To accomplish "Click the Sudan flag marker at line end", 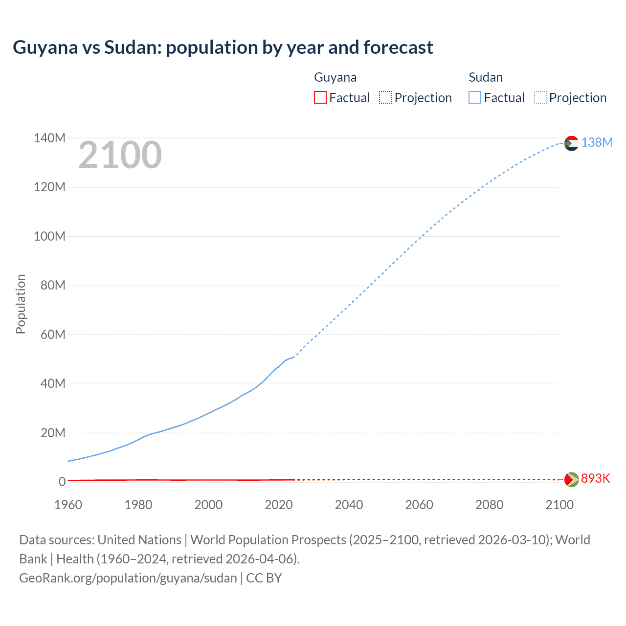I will tap(571, 143).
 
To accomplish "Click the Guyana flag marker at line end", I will tap(571, 479).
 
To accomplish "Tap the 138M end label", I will tap(597, 142).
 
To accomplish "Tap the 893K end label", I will tap(595, 478).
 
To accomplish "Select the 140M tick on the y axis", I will tap(49, 138).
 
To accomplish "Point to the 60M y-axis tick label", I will tap(53, 335).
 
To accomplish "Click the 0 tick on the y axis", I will tap(62, 482).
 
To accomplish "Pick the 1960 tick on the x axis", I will tap(68, 505).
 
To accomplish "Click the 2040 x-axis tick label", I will tap(349, 505).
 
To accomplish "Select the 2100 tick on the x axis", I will tap(559, 505).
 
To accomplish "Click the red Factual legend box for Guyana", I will tap(320, 97).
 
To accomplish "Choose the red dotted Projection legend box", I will tap(385, 97).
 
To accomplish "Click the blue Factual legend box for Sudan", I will tap(474, 97).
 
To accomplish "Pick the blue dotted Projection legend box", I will tap(540, 97).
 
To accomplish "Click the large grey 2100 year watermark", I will tap(120, 155).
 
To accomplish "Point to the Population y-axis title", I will tap(21, 304).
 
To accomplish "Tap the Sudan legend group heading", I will tap(486, 77).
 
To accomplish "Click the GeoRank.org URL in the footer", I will tap(128, 578).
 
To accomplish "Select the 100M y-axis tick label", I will tap(49, 236).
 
